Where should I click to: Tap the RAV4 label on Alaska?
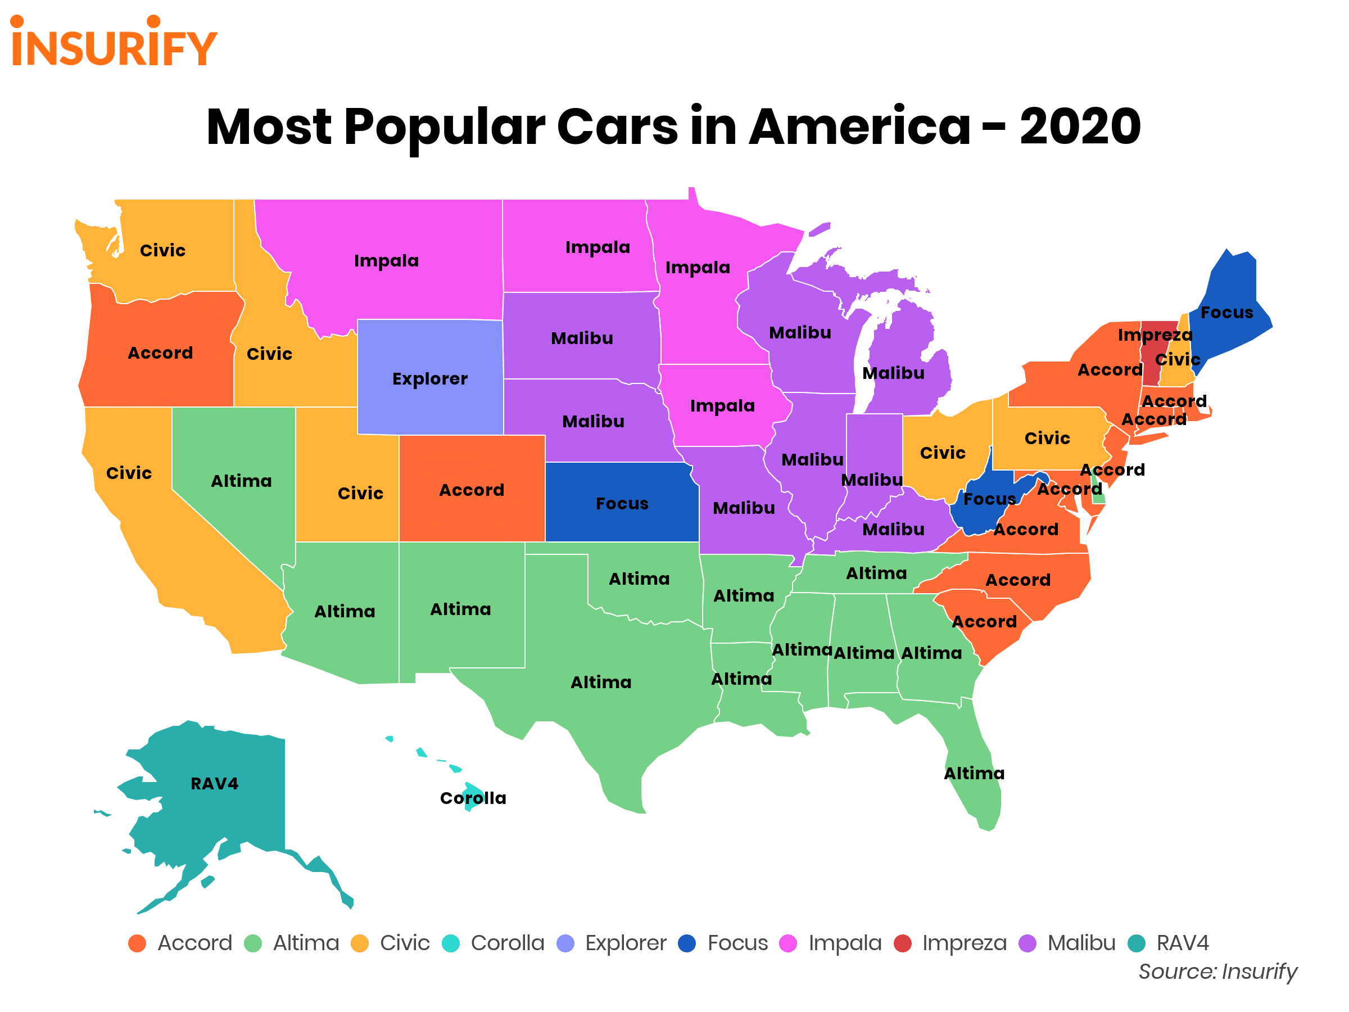214,783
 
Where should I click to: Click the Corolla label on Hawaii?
473,798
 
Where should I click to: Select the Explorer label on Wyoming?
430,379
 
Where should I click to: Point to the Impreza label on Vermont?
1155,335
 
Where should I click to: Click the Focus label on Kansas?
622,503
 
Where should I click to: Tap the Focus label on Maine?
1226,313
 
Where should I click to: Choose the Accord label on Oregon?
160,353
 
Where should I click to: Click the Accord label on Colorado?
472,490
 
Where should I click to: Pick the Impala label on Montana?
386,260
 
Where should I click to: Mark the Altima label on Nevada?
241,481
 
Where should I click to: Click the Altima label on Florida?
974,774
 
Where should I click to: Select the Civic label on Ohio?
942,453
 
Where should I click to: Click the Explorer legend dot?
566,943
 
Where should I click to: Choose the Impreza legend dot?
903,943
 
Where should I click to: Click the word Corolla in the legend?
508,943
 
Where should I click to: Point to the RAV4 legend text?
1182,943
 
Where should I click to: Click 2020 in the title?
1080,127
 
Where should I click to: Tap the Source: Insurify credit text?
1217,971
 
